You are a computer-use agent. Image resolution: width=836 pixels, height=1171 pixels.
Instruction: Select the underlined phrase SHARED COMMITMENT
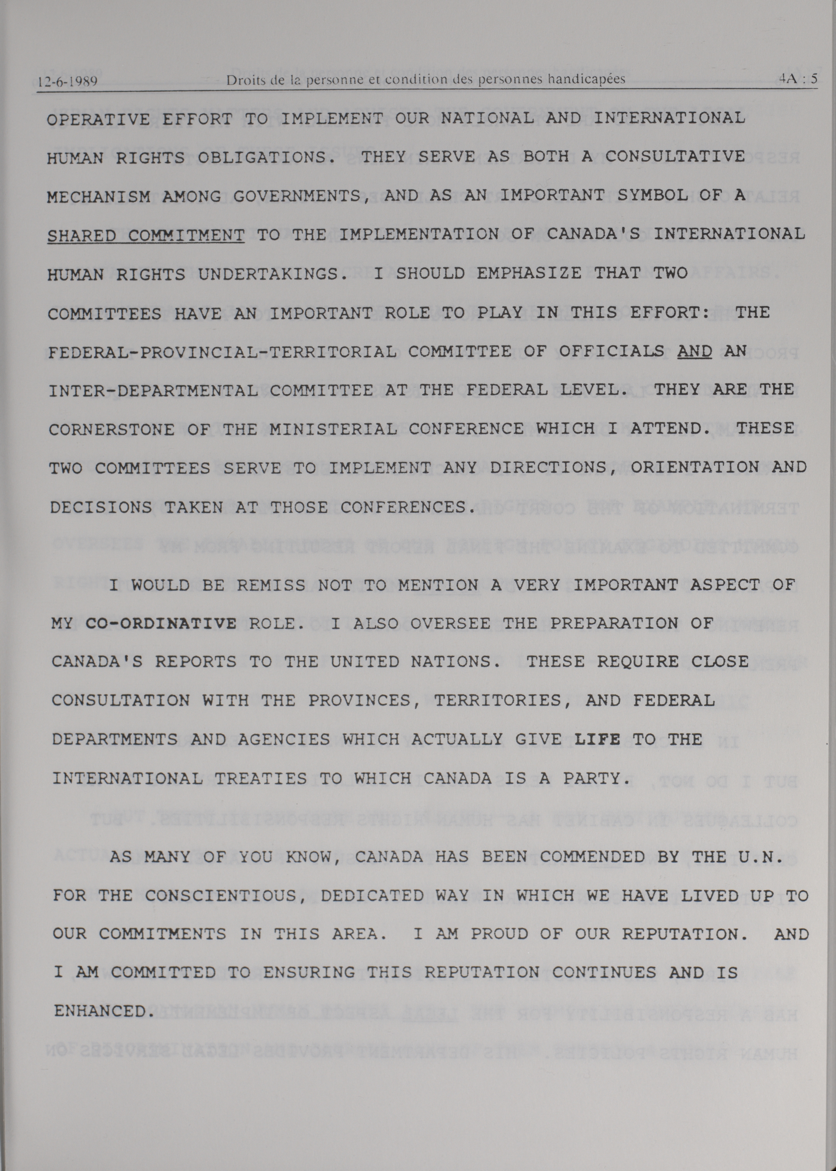click(146, 236)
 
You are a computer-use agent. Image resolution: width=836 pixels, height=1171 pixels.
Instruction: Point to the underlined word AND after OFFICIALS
click(694, 351)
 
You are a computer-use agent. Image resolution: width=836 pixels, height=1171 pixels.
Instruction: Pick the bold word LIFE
click(597, 739)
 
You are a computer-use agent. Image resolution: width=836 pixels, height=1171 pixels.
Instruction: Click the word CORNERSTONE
click(112, 429)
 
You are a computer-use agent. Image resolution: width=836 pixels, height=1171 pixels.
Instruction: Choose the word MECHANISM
click(98, 197)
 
